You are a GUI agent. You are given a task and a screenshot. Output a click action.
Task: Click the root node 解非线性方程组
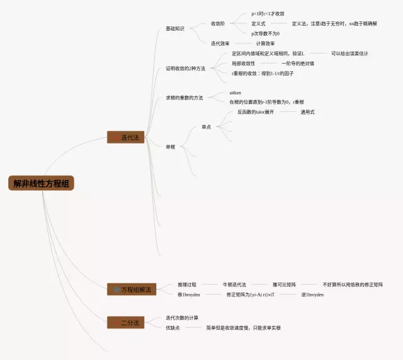click(42, 184)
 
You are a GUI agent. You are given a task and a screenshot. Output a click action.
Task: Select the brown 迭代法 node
click(126, 137)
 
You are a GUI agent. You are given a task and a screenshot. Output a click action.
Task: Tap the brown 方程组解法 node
click(131, 290)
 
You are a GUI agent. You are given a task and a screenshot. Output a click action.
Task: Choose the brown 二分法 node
click(126, 322)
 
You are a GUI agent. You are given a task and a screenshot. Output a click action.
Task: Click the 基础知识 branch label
click(175, 28)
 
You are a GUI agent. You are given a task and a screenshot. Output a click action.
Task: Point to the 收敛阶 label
click(218, 23)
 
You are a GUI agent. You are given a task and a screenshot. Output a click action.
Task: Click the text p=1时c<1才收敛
click(268, 13)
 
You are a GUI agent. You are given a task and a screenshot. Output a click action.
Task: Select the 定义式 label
click(258, 23)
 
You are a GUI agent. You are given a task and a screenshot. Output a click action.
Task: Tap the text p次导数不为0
click(265, 33)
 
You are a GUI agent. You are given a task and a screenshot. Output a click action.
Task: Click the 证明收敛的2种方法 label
click(185, 68)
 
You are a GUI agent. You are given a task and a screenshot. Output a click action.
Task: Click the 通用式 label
click(307, 111)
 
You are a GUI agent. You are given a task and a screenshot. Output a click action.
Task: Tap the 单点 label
click(206, 127)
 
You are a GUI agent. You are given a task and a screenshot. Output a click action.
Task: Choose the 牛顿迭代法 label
click(234, 284)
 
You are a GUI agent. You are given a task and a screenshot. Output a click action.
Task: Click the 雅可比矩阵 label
click(285, 284)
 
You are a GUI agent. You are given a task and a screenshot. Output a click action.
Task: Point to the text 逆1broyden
click(312, 294)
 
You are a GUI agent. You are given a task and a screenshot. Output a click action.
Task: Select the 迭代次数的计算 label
click(182, 318)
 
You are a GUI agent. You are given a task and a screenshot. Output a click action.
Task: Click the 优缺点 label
click(173, 328)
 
